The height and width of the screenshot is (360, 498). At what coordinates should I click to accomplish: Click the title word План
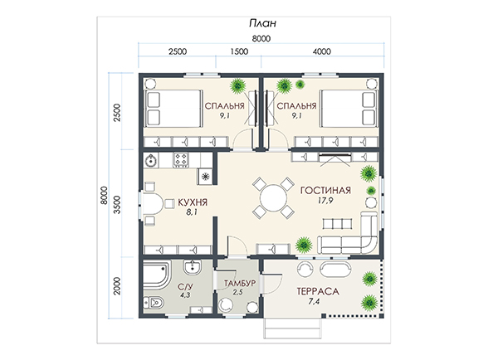[x=262, y=23]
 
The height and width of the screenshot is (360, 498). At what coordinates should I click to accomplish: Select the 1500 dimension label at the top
[x=239, y=51]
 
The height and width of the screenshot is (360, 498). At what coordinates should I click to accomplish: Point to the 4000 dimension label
[x=322, y=51]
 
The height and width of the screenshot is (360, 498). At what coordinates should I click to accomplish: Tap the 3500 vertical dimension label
[x=117, y=205]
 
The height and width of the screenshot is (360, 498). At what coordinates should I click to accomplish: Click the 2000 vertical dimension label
[x=117, y=286]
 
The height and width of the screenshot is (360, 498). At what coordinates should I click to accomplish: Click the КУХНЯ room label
[x=193, y=202]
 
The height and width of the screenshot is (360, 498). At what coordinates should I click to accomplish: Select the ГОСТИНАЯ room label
[x=326, y=190]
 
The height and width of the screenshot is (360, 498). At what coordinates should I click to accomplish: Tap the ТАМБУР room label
[x=240, y=283]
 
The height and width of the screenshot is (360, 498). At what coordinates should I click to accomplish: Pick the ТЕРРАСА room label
[x=318, y=291]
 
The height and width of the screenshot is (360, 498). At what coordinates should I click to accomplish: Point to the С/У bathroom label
[x=185, y=287]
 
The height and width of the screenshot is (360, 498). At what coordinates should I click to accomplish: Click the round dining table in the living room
[x=273, y=198]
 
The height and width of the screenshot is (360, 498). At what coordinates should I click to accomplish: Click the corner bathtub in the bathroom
[x=157, y=275]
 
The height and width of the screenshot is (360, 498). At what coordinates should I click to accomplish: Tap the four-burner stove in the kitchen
[x=181, y=160]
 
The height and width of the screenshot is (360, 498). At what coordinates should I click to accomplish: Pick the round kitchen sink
[x=150, y=161]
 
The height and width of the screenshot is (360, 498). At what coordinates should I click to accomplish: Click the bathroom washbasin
[x=193, y=266]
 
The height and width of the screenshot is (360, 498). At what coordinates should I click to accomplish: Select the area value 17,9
[x=325, y=201]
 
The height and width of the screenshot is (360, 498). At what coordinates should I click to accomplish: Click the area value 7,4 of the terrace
[x=314, y=302]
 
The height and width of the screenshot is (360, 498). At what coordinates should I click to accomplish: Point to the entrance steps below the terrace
[x=292, y=328]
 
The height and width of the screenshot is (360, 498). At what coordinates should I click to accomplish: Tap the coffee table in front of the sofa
[x=337, y=223]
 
